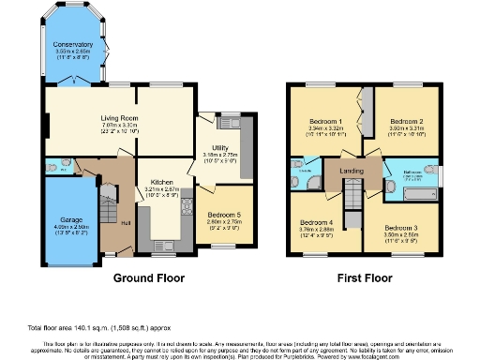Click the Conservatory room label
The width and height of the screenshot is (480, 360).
(x=73, y=44)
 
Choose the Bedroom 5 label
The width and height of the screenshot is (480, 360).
(x=223, y=215)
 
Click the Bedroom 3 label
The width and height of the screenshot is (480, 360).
(x=408, y=228)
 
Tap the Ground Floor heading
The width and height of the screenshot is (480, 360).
(x=149, y=278)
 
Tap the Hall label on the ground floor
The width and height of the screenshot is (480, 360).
(x=126, y=222)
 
